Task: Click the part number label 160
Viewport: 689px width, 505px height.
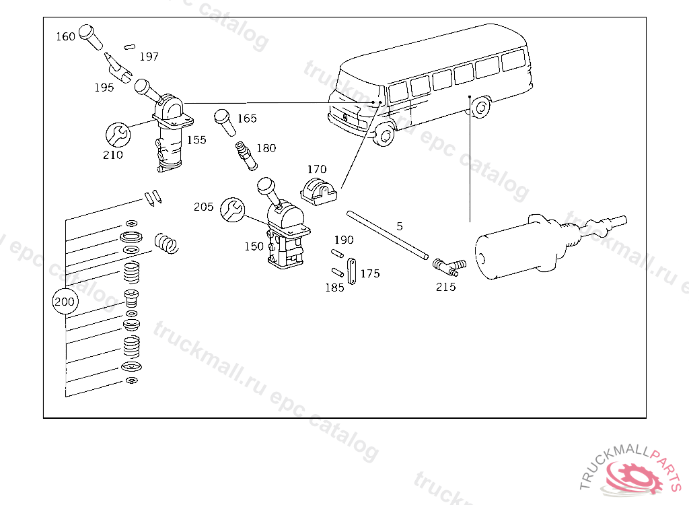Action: pos(65,36)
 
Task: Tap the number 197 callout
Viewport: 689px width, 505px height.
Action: pos(149,57)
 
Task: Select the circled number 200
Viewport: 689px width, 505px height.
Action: pos(65,302)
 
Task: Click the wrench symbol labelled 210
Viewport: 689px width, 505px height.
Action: pos(117,134)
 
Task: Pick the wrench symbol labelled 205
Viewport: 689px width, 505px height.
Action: pos(232,209)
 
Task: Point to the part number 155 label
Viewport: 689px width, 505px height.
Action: pos(196,140)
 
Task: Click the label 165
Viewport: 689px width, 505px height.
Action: pos(247,119)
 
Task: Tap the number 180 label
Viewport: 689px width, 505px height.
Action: pos(266,148)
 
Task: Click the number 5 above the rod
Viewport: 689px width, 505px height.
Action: pos(399,226)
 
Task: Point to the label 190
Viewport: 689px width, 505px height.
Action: pos(343,240)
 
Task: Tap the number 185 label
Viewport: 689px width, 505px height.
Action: pos(334,288)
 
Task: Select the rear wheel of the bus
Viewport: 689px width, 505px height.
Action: pos(480,108)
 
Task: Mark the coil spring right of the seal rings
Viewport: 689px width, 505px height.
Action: pos(167,242)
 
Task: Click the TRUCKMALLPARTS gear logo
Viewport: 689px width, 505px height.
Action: pos(632,475)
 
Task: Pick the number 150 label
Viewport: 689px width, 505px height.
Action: pos(254,246)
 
